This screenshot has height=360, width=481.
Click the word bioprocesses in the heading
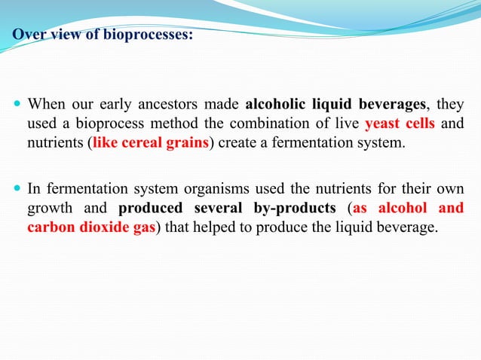[x=148, y=34]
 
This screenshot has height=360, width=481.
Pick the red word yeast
[x=381, y=124]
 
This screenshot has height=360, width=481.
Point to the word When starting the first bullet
[x=46, y=104]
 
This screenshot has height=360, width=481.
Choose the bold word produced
[x=149, y=208]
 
